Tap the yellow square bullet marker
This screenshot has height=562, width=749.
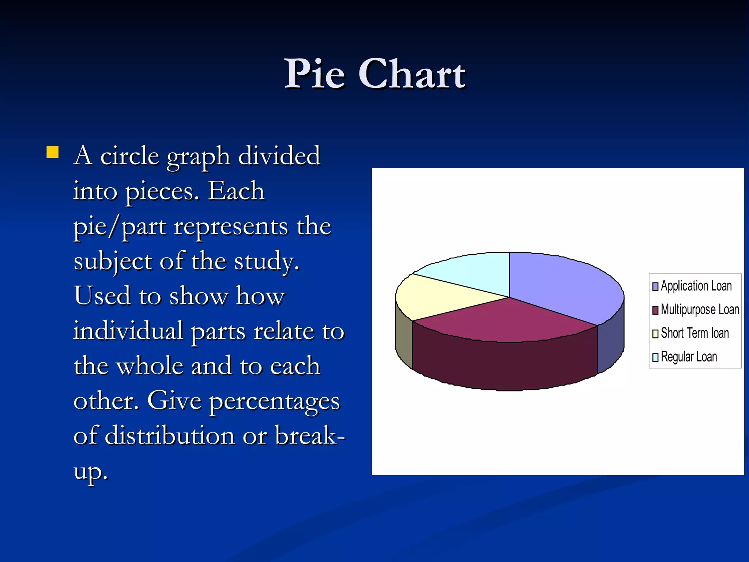53,152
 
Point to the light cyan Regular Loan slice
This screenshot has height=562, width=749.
472,271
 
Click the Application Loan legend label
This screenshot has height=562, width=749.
696,286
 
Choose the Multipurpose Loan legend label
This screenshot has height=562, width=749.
700,310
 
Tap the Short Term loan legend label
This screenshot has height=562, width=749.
695,333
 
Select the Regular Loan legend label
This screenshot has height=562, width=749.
689,357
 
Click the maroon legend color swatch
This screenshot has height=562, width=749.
655,310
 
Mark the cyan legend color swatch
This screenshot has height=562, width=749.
655,357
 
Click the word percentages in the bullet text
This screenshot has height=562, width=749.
275,402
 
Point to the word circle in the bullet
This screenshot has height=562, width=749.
129,156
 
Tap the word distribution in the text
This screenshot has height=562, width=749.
169,436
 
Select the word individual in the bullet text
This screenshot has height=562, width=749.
128,331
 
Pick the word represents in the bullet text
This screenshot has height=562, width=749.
231,226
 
